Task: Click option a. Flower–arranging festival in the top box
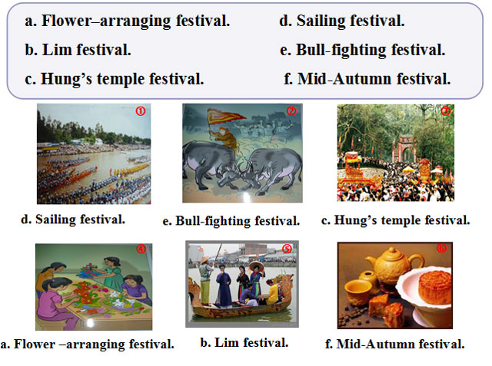pyautogui.click(x=127, y=21)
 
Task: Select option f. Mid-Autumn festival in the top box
pyautogui.click(x=367, y=77)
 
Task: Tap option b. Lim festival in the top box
pyautogui.click(x=78, y=51)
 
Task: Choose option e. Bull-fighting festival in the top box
pyautogui.click(x=363, y=51)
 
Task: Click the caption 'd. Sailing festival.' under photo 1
pyautogui.click(x=73, y=219)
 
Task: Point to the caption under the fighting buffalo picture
pyautogui.click(x=231, y=221)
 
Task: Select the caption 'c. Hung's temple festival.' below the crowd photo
pyautogui.click(x=395, y=220)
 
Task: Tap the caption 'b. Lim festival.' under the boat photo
pyautogui.click(x=244, y=342)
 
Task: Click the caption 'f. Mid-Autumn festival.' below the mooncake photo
pyautogui.click(x=395, y=344)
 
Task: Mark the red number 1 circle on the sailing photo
pyautogui.click(x=140, y=111)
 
